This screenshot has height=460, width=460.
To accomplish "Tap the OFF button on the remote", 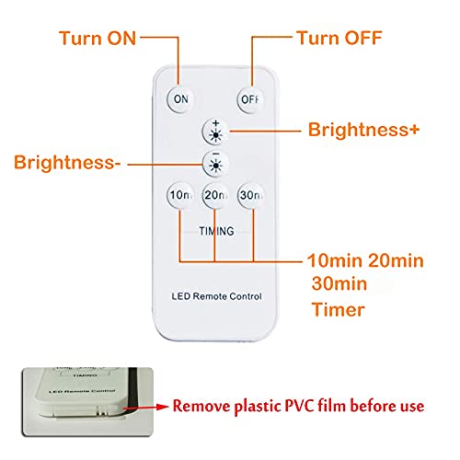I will (x=249, y=98).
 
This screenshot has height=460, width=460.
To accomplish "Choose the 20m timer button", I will (x=215, y=196).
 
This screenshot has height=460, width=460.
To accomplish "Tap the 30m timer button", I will (x=249, y=196).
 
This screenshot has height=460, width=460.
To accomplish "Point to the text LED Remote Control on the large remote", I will (x=215, y=296).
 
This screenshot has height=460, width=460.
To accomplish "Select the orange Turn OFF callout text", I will (x=339, y=39).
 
